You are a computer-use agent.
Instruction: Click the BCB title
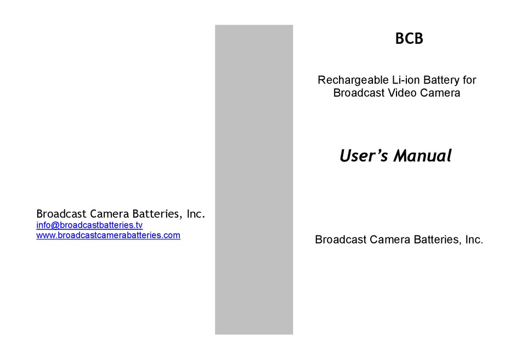[x=409, y=39]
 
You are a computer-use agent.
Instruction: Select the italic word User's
[x=364, y=156]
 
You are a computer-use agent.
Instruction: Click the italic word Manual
[x=422, y=156]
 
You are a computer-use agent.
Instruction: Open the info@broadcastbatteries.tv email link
[x=89, y=225]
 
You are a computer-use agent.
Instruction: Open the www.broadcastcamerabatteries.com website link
[x=108, y=235]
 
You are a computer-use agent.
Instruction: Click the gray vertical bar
[x=254, y=179]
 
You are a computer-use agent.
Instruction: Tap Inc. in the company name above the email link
[x=196, y=213]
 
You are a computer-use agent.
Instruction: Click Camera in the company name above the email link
[x=107, y=213]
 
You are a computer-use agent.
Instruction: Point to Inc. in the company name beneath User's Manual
[x=474, y=240]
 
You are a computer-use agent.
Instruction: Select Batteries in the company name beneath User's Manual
[x=434, y=240]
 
